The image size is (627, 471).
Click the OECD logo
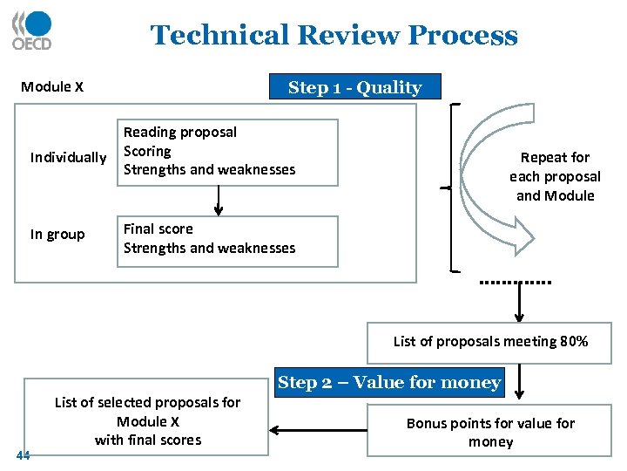click(32, 31)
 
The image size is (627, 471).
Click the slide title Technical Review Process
click(334, 36)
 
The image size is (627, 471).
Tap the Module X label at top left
click(52, 87)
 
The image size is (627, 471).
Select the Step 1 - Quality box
click(354, 87)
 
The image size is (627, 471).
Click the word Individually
click(68, 158)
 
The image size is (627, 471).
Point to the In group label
click(57, 235)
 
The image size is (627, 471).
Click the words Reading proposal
click(180, 133)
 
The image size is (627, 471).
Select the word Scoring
click(147, 151)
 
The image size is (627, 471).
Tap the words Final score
click(158, 229)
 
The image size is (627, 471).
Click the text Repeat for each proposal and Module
click(555, 176)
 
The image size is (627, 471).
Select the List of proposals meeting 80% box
click(489, 342)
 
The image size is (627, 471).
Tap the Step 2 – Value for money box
click(388, 382)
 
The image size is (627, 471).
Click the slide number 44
click(23, 454)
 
